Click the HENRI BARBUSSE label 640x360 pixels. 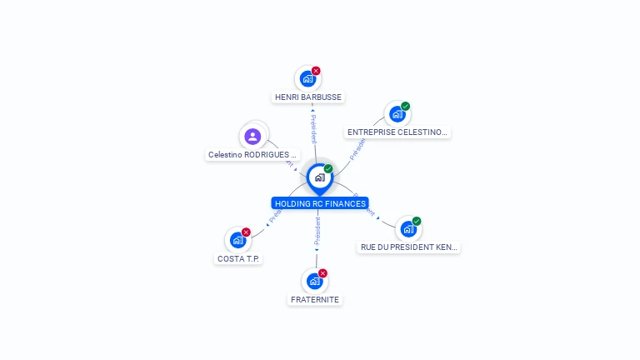click(308, 97)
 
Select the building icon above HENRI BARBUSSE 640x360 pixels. click(307, 79)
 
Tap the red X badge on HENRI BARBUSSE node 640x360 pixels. click(316, 71)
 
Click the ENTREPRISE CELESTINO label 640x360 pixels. click(397, 132)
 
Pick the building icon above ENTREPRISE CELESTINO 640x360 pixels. click(397, 114)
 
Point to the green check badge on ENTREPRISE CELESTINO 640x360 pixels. click(406, 106)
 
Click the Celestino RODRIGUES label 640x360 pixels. click(252, 155)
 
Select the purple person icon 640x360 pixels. click(253, 136)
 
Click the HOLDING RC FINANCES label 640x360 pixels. click(320, 203)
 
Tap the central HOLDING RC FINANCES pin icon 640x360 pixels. click(319, 177)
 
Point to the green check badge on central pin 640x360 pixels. click(328, 169)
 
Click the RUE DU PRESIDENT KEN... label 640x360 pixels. click(408, 247)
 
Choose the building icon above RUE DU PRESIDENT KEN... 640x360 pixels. click(407, 229)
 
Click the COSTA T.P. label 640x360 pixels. click(238, 258)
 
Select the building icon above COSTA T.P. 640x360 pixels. click(237, 240)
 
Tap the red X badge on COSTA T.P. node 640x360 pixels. click(246, 232)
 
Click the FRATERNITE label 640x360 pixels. click(315, 299)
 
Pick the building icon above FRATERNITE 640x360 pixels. click(314, 281)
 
